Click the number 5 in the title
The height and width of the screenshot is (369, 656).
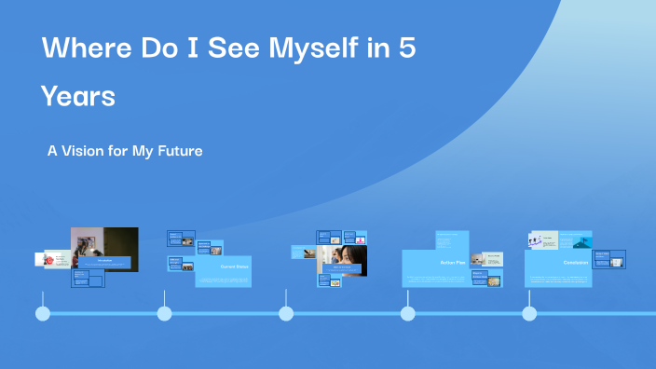pyautogui.click(x=405, y=50)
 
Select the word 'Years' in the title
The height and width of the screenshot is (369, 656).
pyautogui.click(x=78, y=96)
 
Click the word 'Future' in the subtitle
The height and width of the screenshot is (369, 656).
pyautogui.click(x=179, y=150)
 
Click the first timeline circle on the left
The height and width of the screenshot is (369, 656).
pyautogui.click(x=43, y=314)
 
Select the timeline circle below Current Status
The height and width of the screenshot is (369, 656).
pyautogui.click(x=165, y=314)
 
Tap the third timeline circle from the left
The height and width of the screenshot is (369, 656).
pyautogui.click(x=286, y=314)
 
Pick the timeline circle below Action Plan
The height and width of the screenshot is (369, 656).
pyautogui.click(x=407, y=314)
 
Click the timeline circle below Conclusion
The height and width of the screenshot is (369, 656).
pyautogui.click(x=529, y=314)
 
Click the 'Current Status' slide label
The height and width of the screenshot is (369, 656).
pyautogui.click(x=235, y=266)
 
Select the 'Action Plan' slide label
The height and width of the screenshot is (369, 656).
pyautogui.click(x=452, y=263)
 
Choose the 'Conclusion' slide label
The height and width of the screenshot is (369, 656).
pyautogui.click(x=574, y=263)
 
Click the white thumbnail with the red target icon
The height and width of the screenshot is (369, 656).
pyautogui.click(x=53, y=259)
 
